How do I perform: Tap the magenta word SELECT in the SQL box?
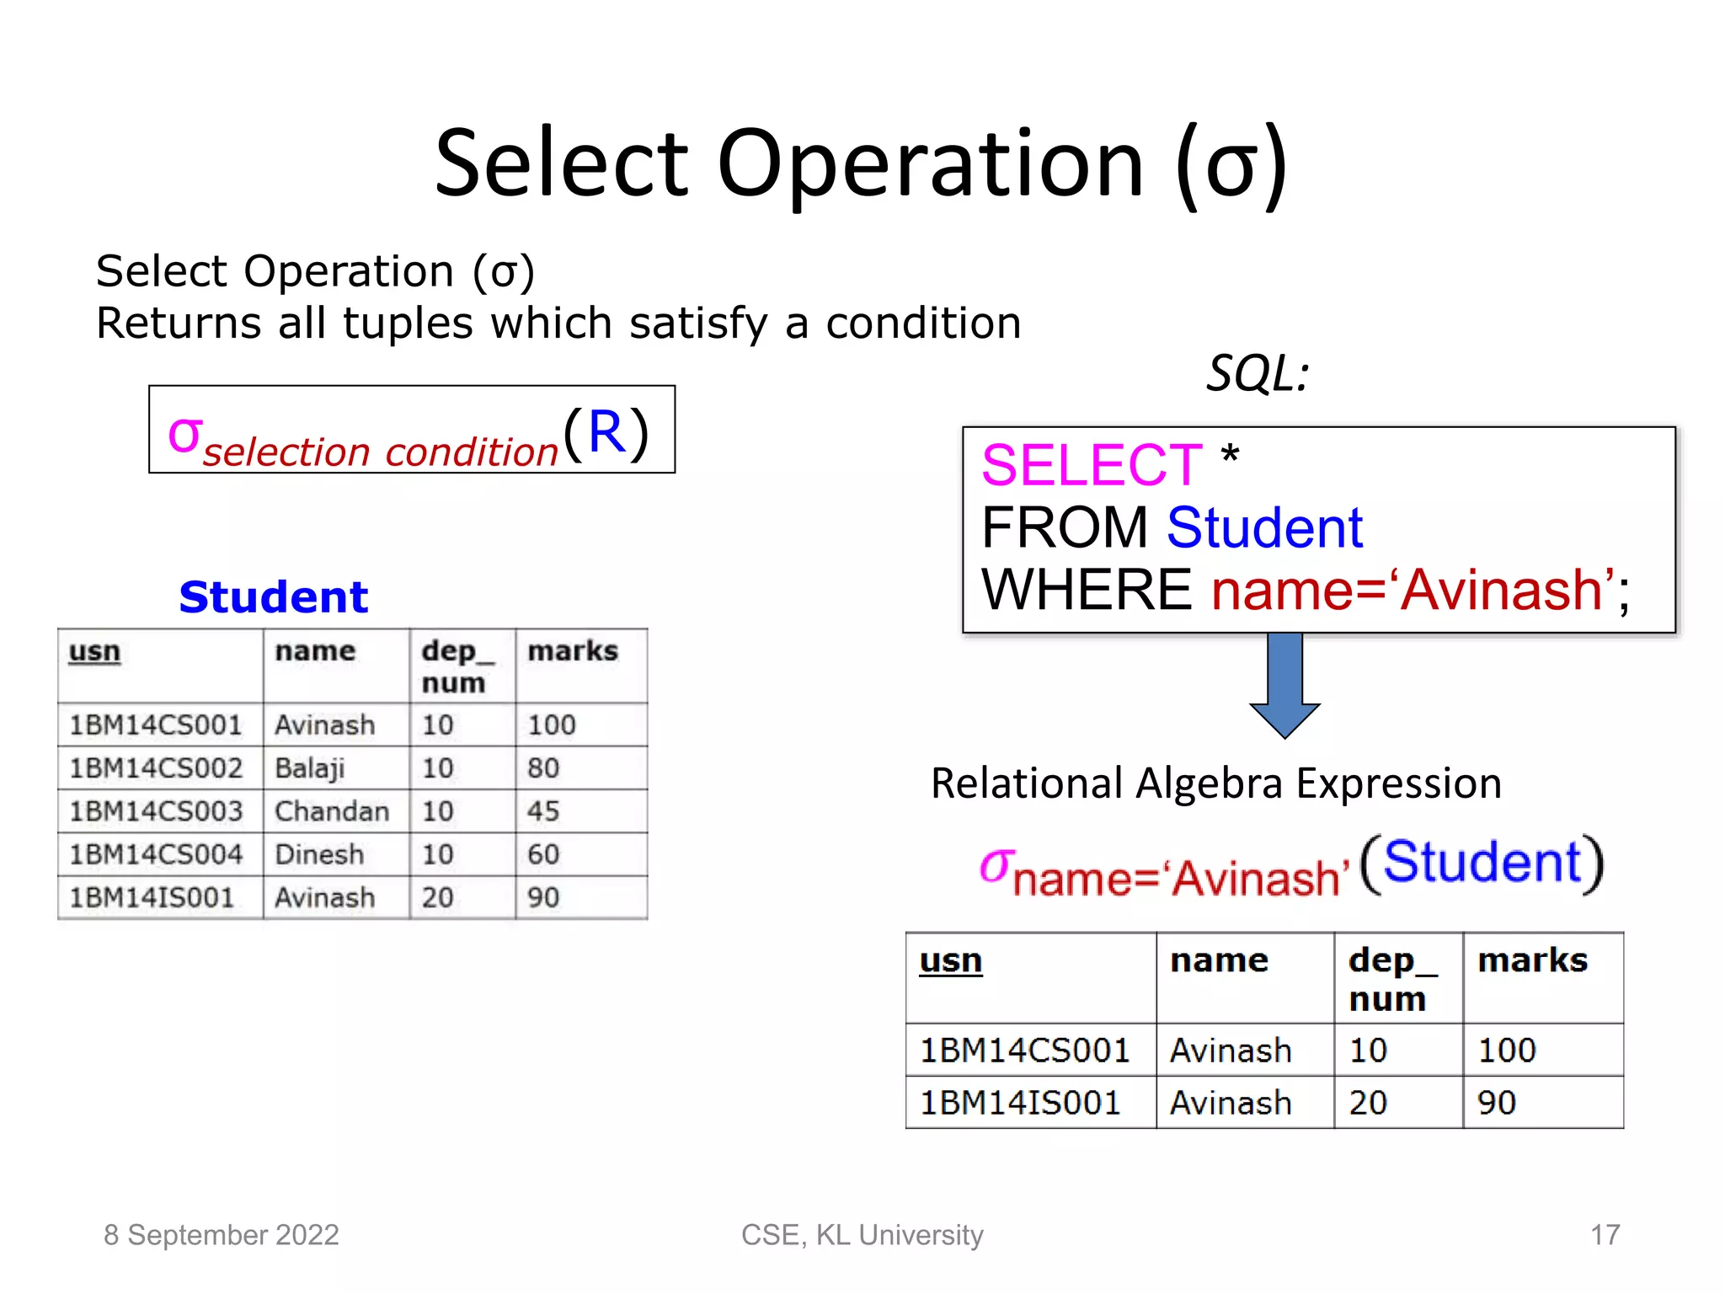point(1092,465)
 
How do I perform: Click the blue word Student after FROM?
point(1264,528)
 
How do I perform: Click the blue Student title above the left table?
point(274,597)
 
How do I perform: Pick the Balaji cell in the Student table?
point(310,768)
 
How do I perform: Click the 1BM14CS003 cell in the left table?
point(156,811)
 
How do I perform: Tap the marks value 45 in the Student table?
point(543,811)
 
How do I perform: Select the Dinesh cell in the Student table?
point(319,854)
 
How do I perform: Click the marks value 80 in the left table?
point(543,768)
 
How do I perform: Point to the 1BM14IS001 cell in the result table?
point(1020,1103)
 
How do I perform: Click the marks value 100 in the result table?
point(1507,1051)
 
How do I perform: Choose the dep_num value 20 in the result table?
point(1368,1103)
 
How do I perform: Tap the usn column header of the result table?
point(950,961)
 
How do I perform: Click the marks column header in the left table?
point(573,651)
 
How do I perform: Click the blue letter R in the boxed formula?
point(606,431)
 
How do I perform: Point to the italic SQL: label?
point(1258,373)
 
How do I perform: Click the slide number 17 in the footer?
point(1605,1235)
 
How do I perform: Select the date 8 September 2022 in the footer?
point(221,1235)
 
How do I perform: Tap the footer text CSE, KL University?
point(862,1235)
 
